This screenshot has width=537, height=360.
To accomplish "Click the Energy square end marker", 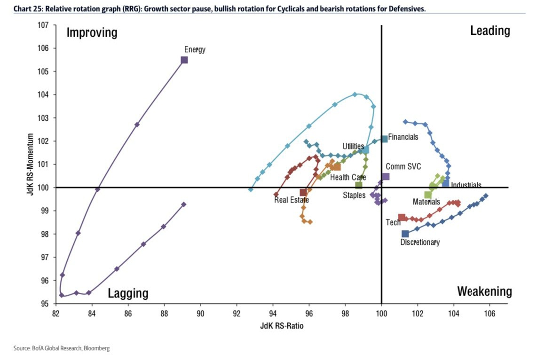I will (x=184, y=60).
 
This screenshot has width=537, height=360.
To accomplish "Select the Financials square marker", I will (x=384, y=139).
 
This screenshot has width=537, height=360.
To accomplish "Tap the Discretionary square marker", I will (x=405, y=234).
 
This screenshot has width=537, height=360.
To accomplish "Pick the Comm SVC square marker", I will (x=386, y=177).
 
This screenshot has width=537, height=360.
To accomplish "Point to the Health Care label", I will (x=348, y=178).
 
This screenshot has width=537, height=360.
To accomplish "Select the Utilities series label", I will (x=353, y=147).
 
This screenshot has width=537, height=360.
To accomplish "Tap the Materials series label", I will (x=426, y=202).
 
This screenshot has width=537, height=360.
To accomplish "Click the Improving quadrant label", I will (x=92, y=33).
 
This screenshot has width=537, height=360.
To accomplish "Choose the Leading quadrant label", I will (x=490, y=31).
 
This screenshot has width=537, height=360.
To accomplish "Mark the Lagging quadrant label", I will (x=128, y=294).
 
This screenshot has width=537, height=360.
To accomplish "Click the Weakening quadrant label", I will (x=484, y=291).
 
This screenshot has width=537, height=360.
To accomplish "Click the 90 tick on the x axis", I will (x=200, y=312).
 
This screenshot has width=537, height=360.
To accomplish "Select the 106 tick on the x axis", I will (x=490, y=312).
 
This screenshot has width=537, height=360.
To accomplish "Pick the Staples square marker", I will (x=359, y=185).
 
